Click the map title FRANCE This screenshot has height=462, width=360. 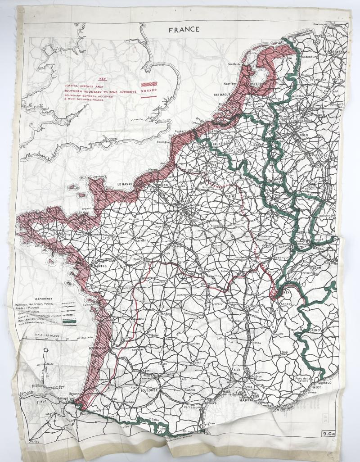click(x=184, y=30)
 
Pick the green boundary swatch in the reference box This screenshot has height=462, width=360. click(x=69, y=321)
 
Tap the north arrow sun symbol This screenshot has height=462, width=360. click(x=45, y=349)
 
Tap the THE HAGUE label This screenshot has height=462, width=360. click(x=222, y=95)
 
